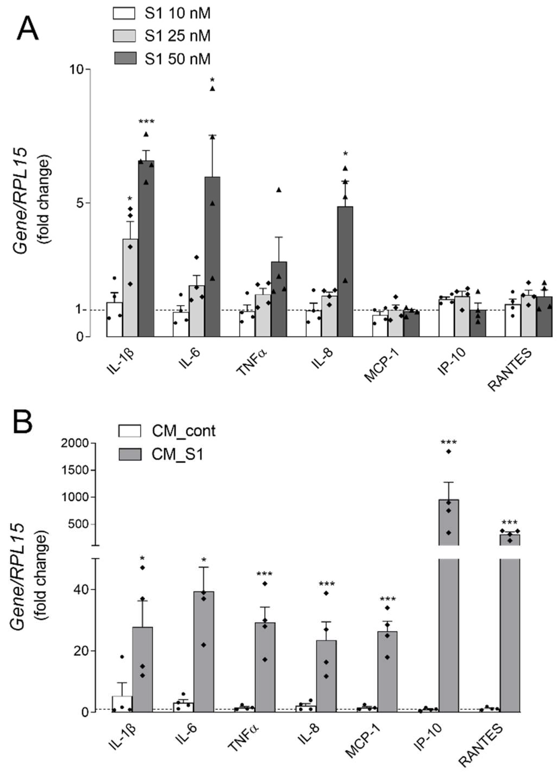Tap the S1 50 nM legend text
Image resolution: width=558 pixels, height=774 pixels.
[x=177, y=59]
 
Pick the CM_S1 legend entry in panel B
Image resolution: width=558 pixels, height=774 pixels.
[x=177, y=455]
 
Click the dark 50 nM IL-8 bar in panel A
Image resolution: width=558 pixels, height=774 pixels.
[x=345, y=273]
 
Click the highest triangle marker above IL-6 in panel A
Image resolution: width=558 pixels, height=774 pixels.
[x=212, y=89]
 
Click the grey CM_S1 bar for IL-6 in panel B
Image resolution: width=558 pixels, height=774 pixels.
[x=204, y=652]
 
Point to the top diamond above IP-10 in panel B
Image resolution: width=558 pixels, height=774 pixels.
[x=449, y=451]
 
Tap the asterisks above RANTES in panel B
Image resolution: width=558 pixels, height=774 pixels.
[x=510, y=522]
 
